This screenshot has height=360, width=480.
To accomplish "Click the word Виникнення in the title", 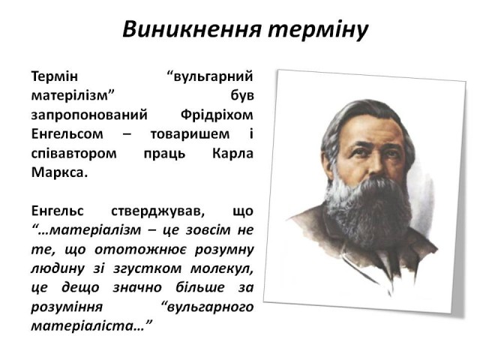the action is pos(192,29).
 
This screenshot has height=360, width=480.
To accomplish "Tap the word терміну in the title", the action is pos(318,31).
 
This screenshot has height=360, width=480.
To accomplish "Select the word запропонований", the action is pos(89,115).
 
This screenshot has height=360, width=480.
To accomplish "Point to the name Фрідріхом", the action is pos(217,115).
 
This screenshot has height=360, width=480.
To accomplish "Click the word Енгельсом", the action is pos(67,134).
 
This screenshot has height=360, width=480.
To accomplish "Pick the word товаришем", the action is pos(190,135).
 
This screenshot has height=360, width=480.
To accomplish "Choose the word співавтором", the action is pos(73,154).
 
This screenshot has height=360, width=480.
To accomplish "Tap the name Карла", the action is pos(232,154).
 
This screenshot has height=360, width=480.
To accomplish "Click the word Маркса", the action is pos(59,172).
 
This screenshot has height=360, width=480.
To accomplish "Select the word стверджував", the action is pos(157,211).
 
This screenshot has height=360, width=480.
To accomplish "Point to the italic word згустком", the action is pos(147,269).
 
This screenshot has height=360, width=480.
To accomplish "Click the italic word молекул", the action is pos(222,268).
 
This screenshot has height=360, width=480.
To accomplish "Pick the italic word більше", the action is pos(200,287).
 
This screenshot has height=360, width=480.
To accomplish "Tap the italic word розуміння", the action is pos(67,307).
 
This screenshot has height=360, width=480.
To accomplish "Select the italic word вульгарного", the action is pos(208,307).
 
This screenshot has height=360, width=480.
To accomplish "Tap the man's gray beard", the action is pos(369,208).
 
